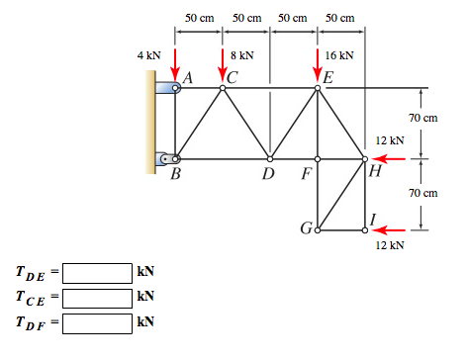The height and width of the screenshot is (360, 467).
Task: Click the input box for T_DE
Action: (x=98, y=272)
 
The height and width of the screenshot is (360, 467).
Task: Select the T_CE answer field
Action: (x=98, y=297)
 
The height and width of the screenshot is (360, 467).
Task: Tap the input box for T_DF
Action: (x=98, y=321)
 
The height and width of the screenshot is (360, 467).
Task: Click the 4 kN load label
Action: (x=148, y=56)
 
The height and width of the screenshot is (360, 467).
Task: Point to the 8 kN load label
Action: (x=241, y=56)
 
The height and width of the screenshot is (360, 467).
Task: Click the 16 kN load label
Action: (x=340, y=56)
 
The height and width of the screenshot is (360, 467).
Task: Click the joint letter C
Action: (x=233, y=76)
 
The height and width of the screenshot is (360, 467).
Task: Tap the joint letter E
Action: (x=328, y=76)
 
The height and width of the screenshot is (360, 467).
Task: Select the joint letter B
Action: (x=175, y=176)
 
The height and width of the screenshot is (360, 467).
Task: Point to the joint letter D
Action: (x=267, y=176)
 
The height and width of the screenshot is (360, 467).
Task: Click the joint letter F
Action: (x=308, y=176)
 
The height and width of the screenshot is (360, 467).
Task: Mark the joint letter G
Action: (x=306, y=231)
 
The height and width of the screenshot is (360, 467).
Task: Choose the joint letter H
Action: (x=374, y=172)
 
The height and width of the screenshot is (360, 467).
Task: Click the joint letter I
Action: (x=371, y=219)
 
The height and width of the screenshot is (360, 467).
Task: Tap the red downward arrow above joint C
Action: (x=223, y=66)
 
